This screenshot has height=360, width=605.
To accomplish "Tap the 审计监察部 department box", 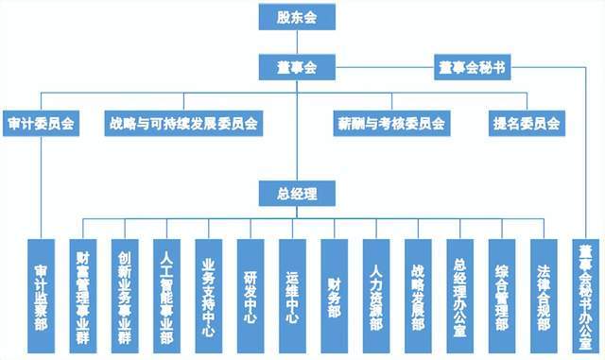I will tap(41, 293).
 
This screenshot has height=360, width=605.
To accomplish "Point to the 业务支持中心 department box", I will tap(209, 293).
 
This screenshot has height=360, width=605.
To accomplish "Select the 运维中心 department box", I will tap(292, 293).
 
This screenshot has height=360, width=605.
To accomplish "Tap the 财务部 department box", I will tap(335, 293).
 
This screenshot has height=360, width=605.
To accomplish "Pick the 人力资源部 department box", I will tap(376, 293).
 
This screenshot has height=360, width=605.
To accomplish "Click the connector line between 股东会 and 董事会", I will tap(296, 43).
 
